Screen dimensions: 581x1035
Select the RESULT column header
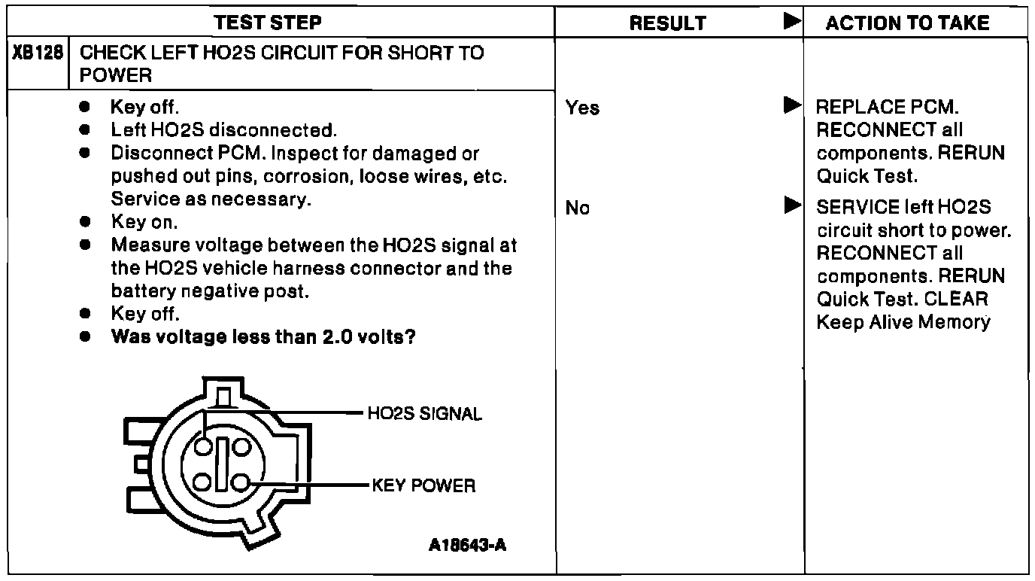668,23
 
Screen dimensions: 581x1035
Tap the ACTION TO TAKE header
907,23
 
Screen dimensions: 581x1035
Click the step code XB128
37,53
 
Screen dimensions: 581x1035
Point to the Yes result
582,108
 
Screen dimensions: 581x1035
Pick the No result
578,208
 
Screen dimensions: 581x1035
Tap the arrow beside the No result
791,205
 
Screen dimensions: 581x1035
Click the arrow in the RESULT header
791,22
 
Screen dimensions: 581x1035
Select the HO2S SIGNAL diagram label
425,415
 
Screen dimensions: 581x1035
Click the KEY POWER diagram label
423,485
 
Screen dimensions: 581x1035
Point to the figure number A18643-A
468,545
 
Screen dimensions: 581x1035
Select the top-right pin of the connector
241,447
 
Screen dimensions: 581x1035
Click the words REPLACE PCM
888,108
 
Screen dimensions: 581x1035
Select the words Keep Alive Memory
903,322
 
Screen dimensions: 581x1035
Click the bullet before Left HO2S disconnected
88,130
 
